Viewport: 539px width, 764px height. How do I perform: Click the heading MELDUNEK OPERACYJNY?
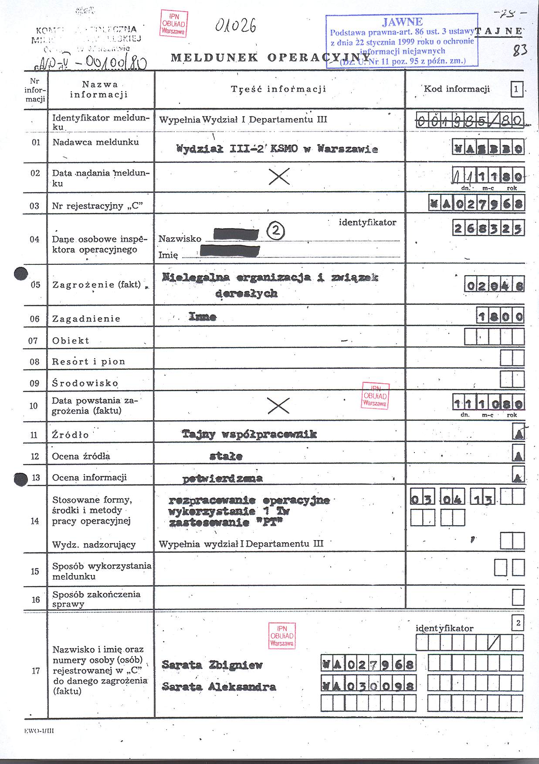coord(266,57)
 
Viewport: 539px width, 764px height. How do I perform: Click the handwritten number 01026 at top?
coord(235,26)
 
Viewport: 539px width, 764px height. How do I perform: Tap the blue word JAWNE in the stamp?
coord(402,22)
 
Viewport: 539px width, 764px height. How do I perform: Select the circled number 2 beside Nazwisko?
coord(276,231)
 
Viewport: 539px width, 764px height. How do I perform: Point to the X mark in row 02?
coord(279,176)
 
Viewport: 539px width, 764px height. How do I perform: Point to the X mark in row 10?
coord(278,406)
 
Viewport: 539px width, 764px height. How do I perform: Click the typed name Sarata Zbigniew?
coord(212,665)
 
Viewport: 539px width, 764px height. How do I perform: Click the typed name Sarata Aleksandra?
coord(219,686)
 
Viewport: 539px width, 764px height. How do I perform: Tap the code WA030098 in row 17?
coord(368,686)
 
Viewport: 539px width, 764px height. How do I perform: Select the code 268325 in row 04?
coord(488,228)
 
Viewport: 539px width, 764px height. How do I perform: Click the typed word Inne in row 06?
coord(202,317)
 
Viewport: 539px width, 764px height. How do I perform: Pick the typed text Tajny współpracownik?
coord(249,434)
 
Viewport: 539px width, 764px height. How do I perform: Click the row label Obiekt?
coord(71,341)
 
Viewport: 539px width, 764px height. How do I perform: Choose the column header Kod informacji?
coord(457,89)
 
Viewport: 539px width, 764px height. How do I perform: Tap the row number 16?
coord(35,599)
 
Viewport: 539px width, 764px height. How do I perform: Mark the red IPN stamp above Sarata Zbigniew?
coord(282,636)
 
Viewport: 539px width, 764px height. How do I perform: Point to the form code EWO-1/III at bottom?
coord(39,730)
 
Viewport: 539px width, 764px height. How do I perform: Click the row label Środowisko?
coord(85,383)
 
